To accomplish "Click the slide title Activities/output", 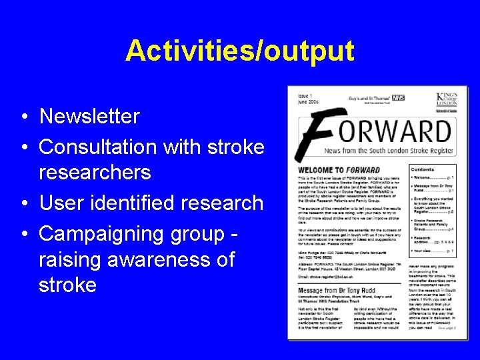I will tap(239, 50).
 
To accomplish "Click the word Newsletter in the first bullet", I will tap(89, 117).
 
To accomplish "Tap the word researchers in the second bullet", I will tap(105, 173).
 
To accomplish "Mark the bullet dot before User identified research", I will tap(23, 202).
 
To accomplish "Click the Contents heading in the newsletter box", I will tap(423, 170).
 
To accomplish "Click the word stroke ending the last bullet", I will tap(67, 285).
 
